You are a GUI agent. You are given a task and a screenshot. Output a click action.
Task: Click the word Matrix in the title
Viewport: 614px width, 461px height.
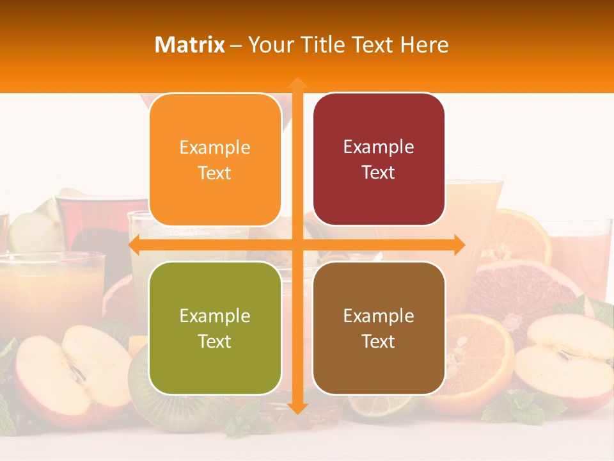coord(190,45)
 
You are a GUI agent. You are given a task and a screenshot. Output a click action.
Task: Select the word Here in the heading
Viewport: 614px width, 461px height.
coord(425,45)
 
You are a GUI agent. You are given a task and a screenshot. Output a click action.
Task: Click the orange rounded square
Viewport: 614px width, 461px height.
coord(215,159)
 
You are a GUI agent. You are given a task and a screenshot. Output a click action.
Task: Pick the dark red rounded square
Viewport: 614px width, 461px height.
coord(379,159)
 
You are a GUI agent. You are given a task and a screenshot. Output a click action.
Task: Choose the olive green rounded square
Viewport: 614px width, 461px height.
coord(215,328)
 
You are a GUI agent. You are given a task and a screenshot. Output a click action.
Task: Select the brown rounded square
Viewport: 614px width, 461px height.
coord(379,328)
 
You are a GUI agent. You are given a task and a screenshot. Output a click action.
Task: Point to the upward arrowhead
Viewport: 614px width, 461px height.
coord(297,83)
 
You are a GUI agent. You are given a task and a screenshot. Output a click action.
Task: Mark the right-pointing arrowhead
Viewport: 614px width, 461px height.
coord(459,245)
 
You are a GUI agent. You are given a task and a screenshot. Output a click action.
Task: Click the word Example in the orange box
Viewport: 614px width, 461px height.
coord(215,147)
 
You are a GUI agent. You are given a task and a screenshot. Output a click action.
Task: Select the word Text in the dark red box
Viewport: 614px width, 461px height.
coord(378,172)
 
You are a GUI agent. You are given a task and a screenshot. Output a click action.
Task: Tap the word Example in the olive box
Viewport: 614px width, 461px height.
coord(215,316)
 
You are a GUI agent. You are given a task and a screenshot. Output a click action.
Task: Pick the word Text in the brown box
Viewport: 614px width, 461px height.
coord(378,341)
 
